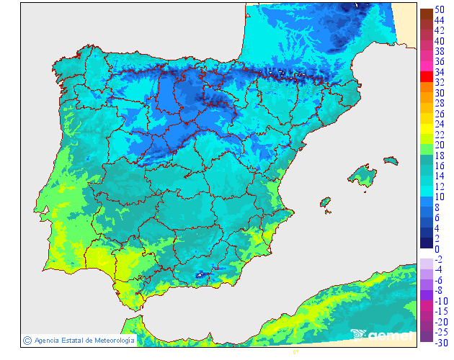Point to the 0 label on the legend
(x=437, y=249)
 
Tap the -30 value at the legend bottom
(x=440, y=342)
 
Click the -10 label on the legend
(x=440, y=300)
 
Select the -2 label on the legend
(x=439, y=259)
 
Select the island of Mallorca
(x=362, y=175)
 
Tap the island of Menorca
(x=390, y=161)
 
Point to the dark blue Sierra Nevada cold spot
(x=200, y=274)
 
